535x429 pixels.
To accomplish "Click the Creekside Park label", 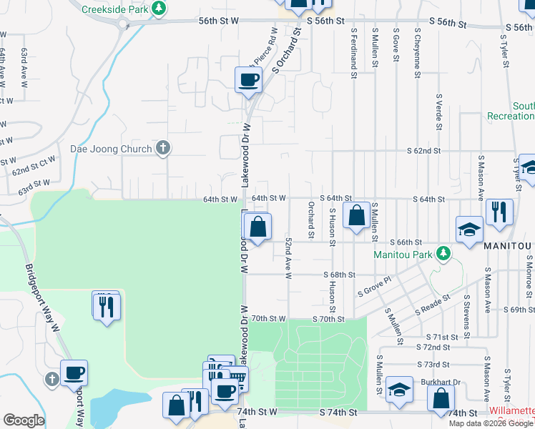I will point(114,9).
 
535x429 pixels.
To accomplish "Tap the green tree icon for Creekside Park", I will point(160,9).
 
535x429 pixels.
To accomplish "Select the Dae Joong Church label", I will point(111,149).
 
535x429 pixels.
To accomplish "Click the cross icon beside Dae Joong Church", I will point(163,149).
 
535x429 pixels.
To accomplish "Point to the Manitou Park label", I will point(404,254).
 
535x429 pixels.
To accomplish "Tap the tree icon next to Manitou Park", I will point(444,254).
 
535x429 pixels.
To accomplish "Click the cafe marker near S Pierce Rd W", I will point(249,80).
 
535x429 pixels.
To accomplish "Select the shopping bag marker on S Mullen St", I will point(356,215).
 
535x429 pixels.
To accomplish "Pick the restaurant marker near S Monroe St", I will point(499,212).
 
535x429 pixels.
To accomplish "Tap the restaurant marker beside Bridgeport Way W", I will point(107,306).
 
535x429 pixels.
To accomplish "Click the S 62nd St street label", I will point(423,152).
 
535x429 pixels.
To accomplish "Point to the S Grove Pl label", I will point(375,290).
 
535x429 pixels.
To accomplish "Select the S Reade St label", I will point(433,305).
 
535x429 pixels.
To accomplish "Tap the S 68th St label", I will point(339,275).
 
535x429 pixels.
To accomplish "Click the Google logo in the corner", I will point(24,420).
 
